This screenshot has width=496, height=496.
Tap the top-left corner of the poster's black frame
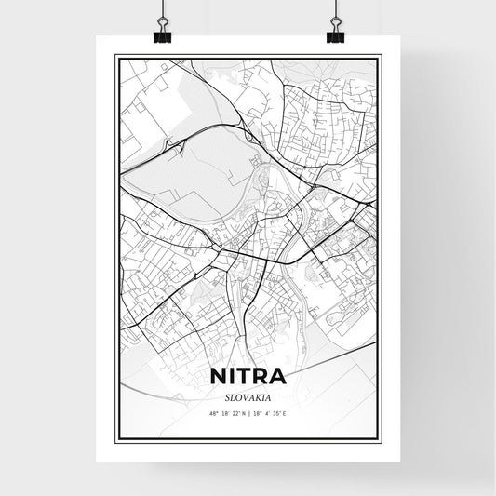(x=114, y=55)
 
